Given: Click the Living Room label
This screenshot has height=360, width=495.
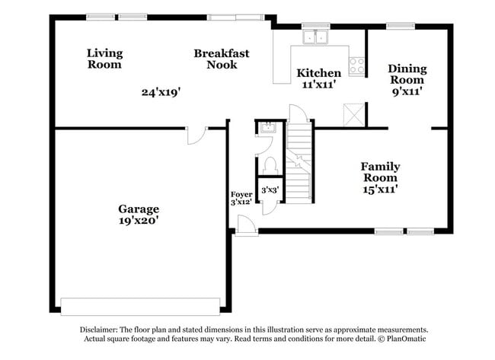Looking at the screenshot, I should tap(104, 59).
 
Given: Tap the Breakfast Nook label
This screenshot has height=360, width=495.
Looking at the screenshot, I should tap(222, 59).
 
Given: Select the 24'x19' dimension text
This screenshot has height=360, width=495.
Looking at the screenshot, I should tap(161, 92).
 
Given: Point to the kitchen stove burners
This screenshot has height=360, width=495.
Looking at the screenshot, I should tap(356, 65).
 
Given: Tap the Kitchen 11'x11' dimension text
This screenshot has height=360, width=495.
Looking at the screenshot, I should tap(318, 84).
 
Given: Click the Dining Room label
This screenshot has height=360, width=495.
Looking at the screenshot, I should tap(407, 74).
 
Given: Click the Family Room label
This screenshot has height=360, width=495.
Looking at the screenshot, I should tap(380, 172).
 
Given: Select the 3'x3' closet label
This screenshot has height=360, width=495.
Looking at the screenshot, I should tap(270, 190).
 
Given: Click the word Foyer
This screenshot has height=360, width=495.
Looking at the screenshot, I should tap(241, 194).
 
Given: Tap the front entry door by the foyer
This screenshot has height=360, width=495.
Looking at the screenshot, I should tap(246, 225).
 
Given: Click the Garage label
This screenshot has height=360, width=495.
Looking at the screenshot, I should tap(138, 209).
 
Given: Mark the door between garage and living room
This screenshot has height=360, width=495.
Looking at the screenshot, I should tap(196, 135).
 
